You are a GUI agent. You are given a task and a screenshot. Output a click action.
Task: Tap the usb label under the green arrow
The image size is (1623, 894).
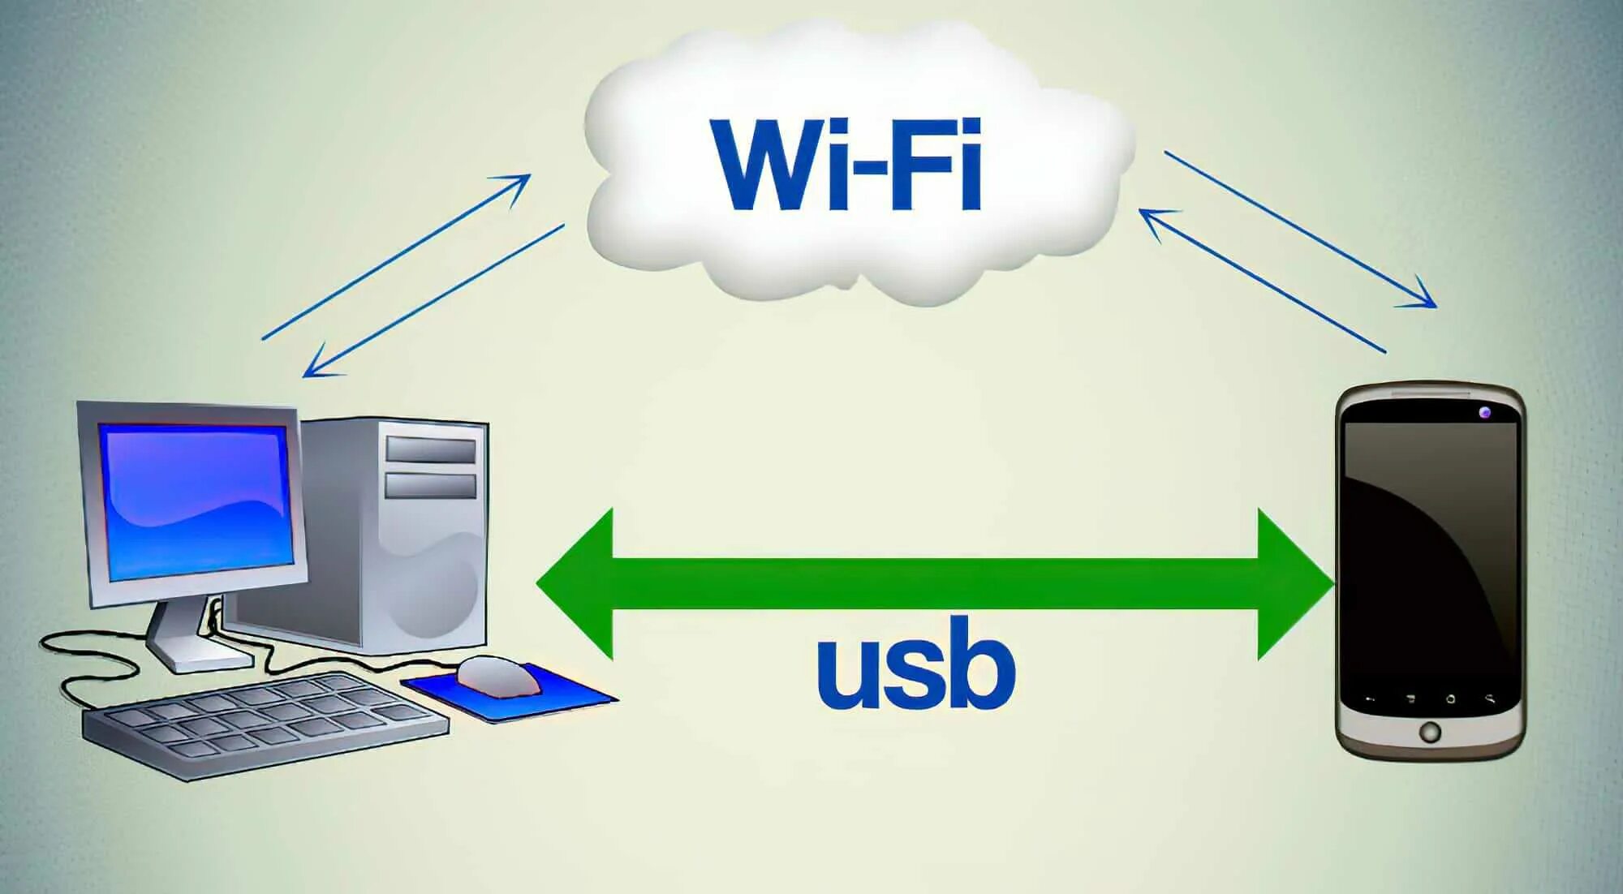coord(915,664)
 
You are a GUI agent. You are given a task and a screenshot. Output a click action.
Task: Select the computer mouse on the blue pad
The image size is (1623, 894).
coord(497,675)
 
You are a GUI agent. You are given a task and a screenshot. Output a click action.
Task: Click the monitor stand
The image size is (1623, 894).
coord(183,637)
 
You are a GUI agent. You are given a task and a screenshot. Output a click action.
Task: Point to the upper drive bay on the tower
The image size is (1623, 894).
coord(430,449)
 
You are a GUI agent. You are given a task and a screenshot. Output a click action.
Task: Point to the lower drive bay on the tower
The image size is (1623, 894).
coord(430,486)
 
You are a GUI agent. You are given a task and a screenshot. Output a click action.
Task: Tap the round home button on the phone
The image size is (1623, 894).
coord(1430,732)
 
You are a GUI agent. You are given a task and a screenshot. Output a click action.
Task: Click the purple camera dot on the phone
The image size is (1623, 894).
coord(1484,413)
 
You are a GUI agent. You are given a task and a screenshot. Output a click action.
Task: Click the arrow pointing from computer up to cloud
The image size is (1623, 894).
coord(397,256)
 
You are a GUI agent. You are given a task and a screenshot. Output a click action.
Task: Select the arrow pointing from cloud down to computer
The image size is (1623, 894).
coord(433,301)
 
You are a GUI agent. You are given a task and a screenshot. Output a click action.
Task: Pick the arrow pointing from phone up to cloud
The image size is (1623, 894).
coord(1263,281)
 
